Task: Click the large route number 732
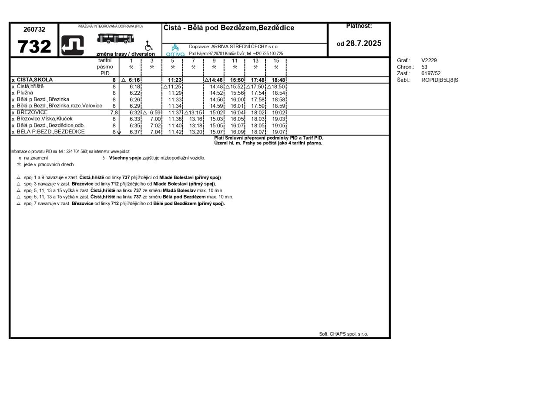point(34,47)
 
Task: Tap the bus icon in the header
point(115,38)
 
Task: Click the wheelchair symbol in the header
point(149,46)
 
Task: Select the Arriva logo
point(175,50)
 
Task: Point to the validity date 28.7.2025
point(363,43)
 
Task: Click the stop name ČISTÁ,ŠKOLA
point(35,80)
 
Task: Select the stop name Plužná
point(25,93)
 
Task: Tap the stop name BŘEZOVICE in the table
point(32,113)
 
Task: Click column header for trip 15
point(276,61)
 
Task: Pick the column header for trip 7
point(193,61)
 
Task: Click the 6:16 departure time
point(134,80)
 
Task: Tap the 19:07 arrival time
point(278,132)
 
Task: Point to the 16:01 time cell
point(237,106)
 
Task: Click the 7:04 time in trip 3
point(155,132)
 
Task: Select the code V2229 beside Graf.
point(429,60)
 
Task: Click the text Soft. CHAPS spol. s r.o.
point(343,334)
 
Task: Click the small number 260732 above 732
point(34,30)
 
